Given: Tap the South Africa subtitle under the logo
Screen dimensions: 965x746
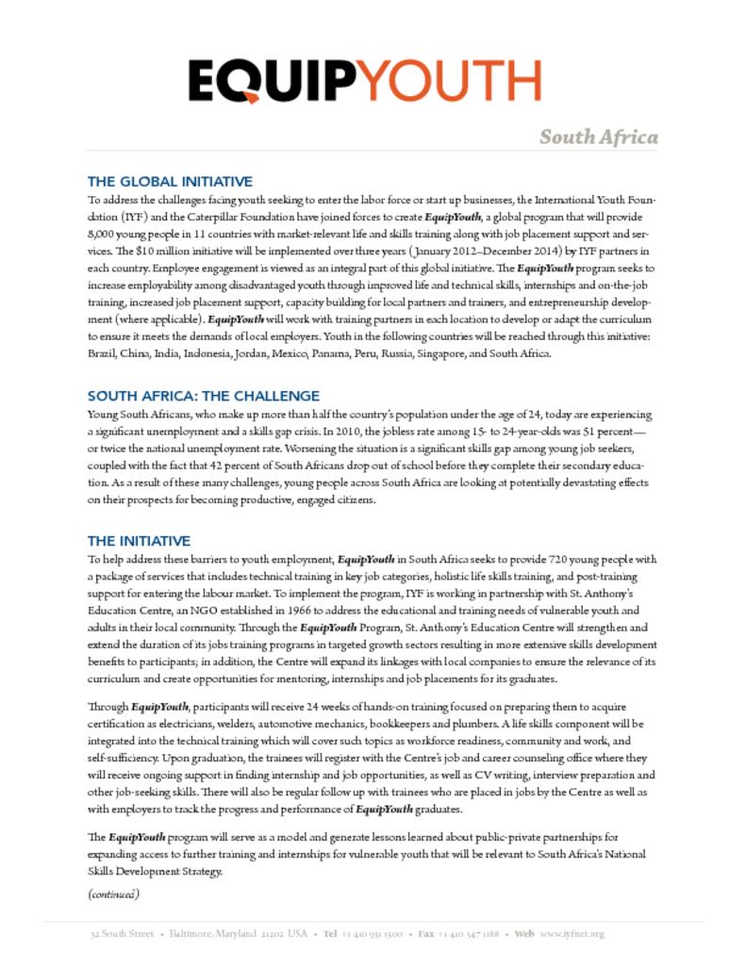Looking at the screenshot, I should [598, 138].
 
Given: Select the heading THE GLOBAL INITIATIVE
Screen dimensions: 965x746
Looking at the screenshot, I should [170, 181].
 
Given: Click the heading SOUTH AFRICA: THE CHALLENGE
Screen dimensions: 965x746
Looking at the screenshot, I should [204, 396].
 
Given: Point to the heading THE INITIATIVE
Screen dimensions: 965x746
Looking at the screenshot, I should [139, 541].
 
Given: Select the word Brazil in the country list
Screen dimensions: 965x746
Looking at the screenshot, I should [101, 353].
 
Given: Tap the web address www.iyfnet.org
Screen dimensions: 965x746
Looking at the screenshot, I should [572, 934].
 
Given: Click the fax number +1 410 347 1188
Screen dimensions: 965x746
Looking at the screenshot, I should [471, 934].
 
